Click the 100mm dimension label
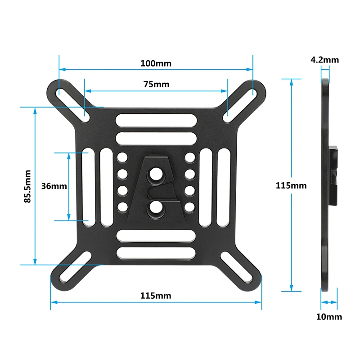click(156, 63)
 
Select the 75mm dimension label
click(156, 84)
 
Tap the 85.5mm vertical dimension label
click(28, 186)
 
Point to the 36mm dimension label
click(54, 186)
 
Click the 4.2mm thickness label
click(324, 59)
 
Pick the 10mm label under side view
click(328, 317)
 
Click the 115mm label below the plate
click(156, 296)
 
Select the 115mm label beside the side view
click(291, 185)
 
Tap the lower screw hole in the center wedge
click(156, 207)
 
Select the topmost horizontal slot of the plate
click(156, 121)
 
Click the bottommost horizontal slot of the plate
click(156, 251)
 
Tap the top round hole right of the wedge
click(190, 158)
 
